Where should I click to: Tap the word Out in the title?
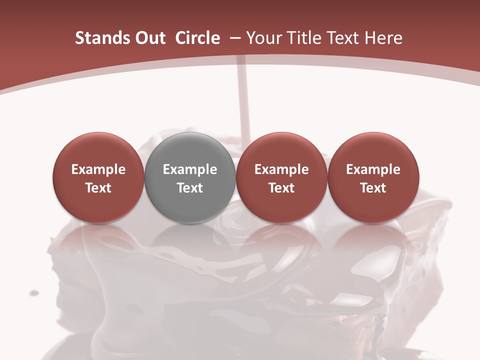[148, 38]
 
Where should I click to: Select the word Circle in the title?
[197, 38]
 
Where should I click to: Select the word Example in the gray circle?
[190, 169]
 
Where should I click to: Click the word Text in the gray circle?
[190, 188]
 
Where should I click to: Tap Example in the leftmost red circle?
[98, 169]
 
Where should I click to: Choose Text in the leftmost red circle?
[98, 188]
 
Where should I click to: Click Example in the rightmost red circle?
[373, 169]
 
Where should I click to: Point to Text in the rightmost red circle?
[373, 188]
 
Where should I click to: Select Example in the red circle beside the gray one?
[281, 169]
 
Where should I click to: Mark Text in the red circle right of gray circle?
[281, 188]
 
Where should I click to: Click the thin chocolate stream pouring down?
[243, 100]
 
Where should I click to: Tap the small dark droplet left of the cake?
[34, 292]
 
